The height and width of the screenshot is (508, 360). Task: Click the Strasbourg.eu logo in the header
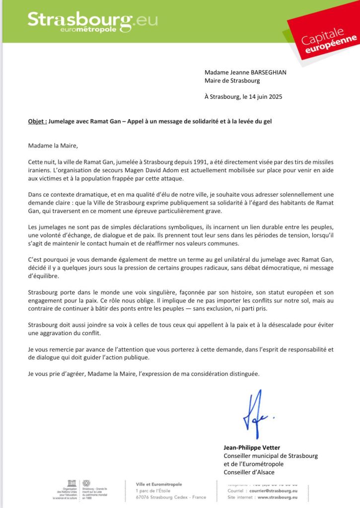click(92, 22)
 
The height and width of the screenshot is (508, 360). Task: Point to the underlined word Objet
click(37, 121)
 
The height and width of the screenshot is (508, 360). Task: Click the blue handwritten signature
click(256, 414)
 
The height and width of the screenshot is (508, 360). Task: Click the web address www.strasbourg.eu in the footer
click(274, 497)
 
